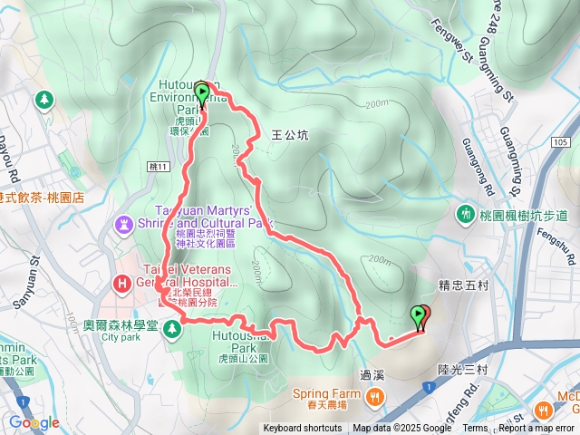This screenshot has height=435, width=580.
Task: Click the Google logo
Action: click(34, 422)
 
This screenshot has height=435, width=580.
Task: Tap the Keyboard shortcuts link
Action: click(303, 429)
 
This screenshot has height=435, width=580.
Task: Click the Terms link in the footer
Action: click(475, 429)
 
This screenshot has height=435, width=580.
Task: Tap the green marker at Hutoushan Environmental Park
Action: click(201, 91)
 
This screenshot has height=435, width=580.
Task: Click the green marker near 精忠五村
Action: click(419, 315)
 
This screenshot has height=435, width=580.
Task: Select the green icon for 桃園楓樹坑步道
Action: click(467, 215)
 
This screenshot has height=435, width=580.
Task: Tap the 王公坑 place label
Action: click(290, 135)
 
